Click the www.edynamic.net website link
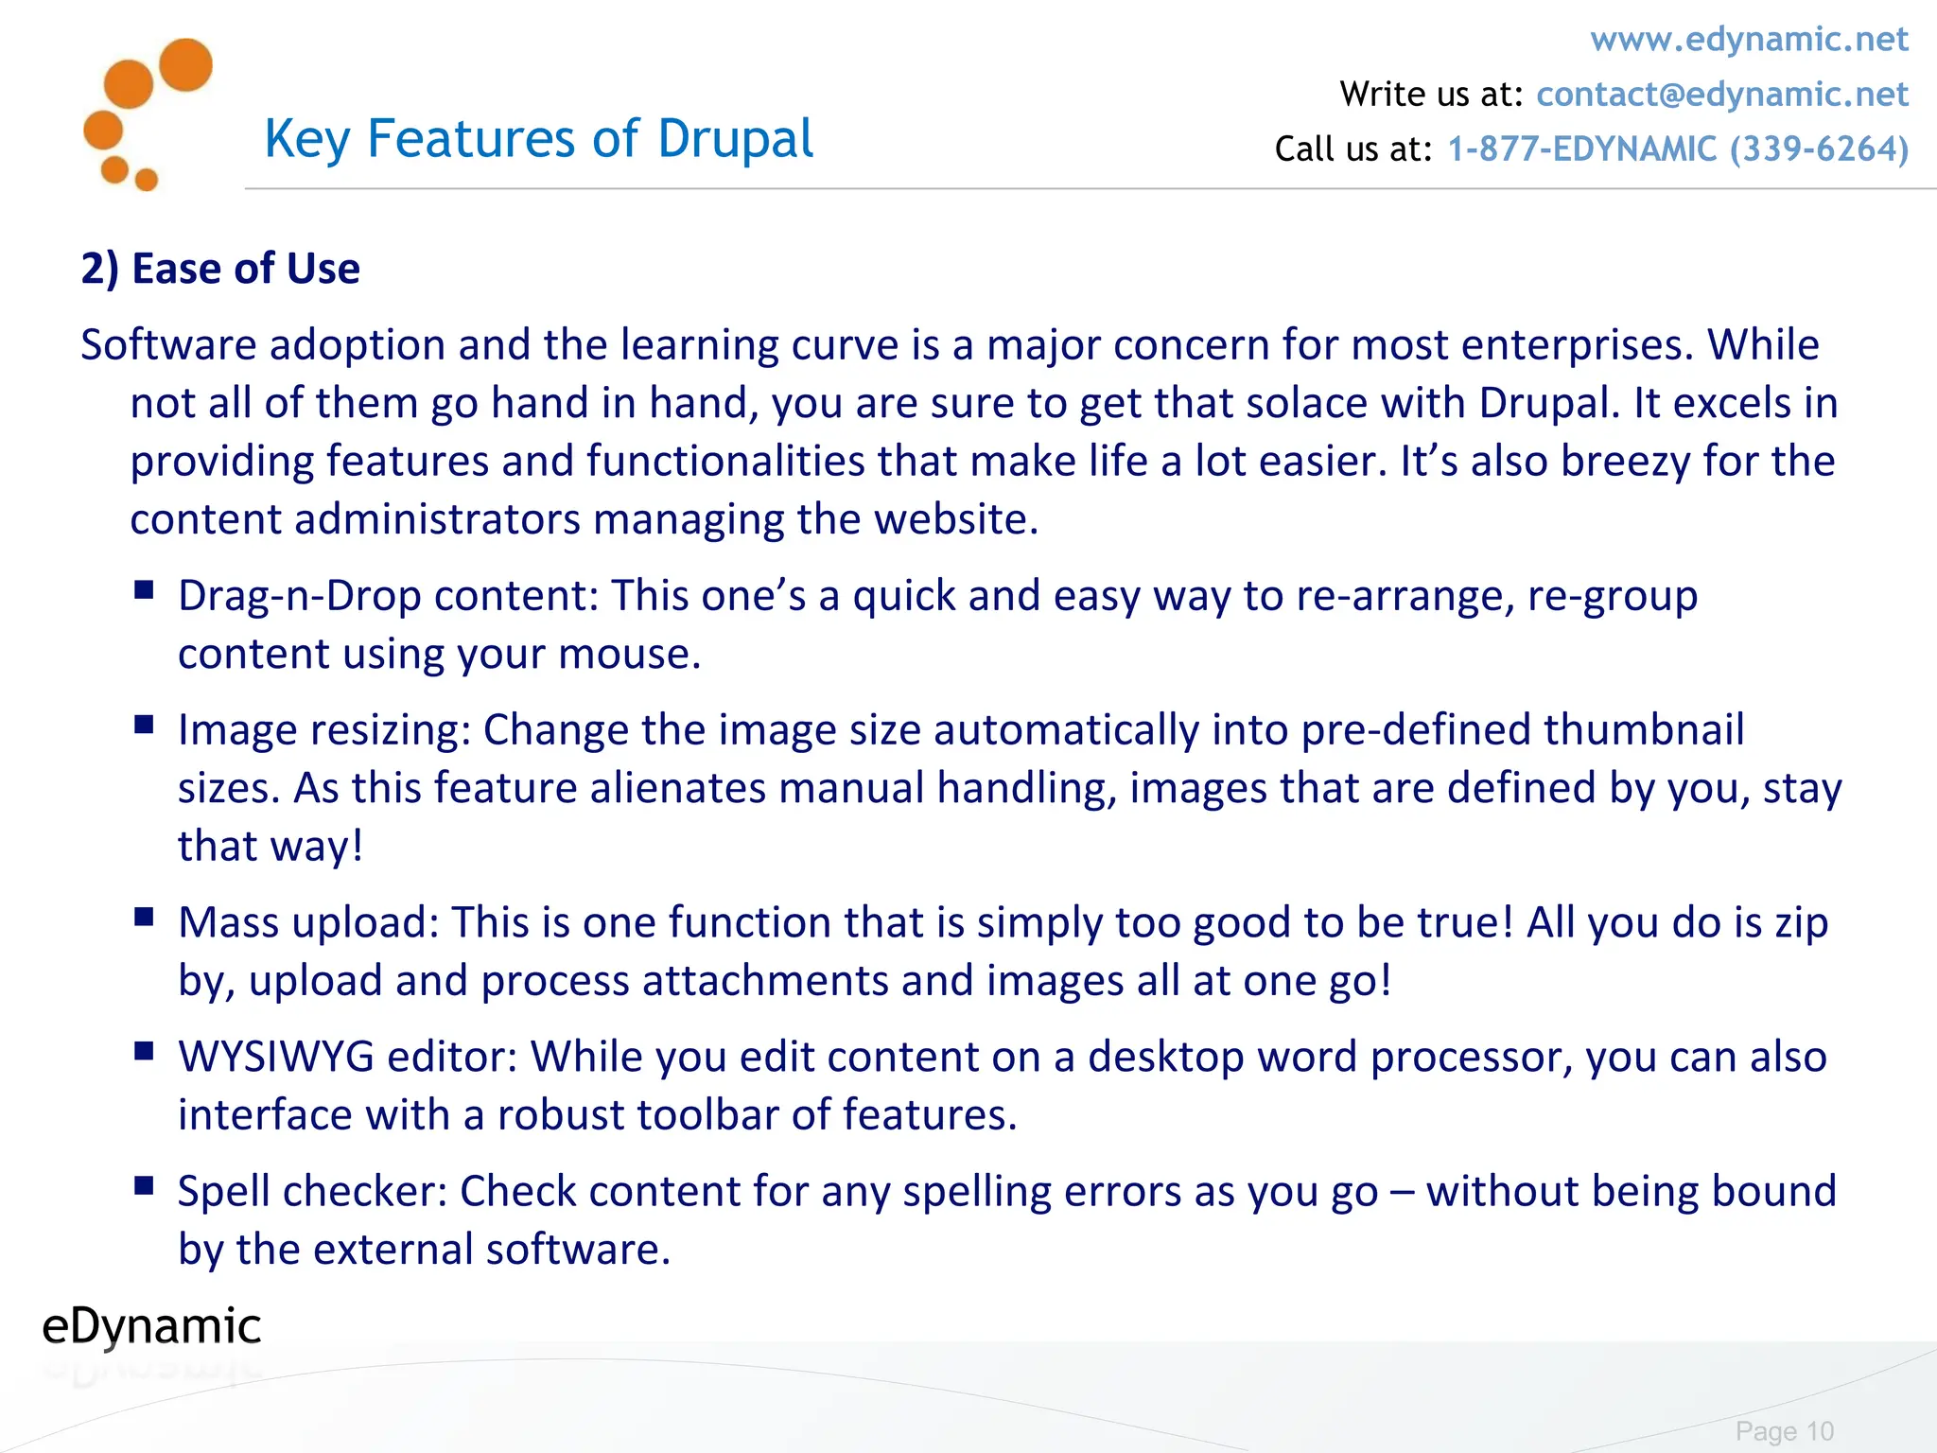1749,40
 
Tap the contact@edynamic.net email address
1721,95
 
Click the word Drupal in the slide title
735,139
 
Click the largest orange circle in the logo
185,65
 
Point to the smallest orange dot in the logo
147,180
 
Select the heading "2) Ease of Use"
220,269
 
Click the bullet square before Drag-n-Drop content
144,590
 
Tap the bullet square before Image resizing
144,725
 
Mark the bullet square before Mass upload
144,917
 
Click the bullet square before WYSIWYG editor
144,1051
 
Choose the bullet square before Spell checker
144,1185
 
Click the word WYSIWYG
276,1057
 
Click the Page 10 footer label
1784,1431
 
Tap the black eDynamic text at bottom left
151,1326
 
